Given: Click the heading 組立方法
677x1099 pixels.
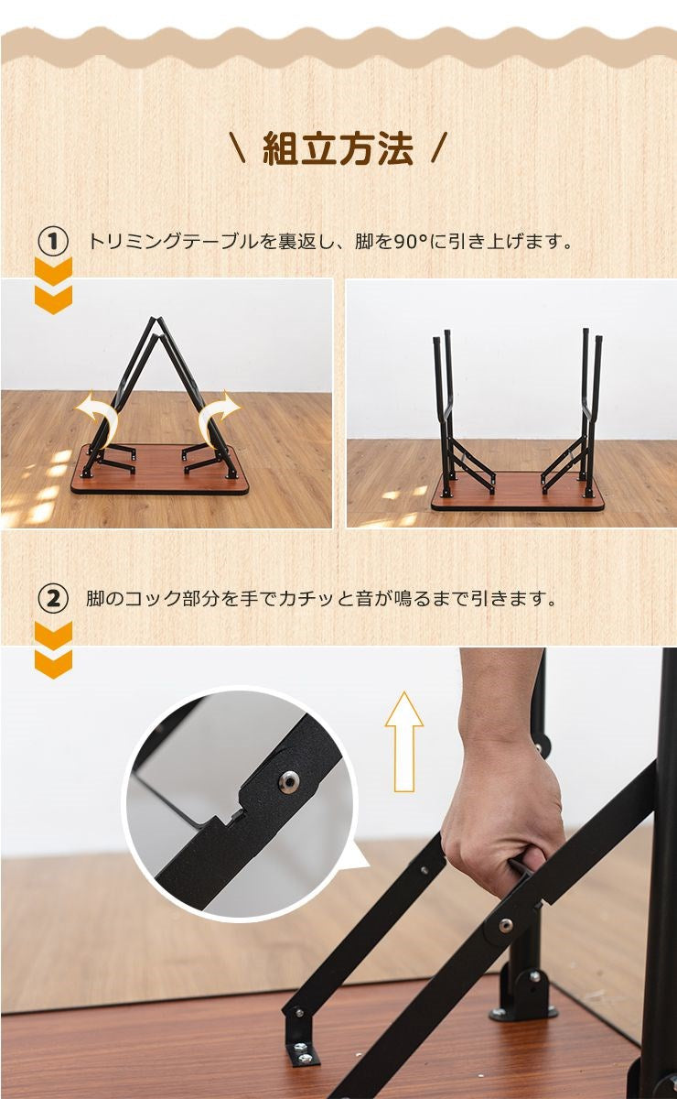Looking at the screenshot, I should tap(338, 148).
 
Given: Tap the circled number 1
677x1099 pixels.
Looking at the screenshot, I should tap(53, 242).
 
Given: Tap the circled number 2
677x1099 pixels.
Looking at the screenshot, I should tap(53, 599).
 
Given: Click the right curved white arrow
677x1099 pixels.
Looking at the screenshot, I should tap(218, 416).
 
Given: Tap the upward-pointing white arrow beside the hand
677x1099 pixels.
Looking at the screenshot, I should tap(403, 741).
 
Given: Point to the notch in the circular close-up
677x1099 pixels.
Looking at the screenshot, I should tap(235, 814).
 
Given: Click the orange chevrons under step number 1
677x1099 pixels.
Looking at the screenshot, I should tap(53, 286).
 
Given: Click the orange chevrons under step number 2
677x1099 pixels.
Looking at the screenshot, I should tap(53, 650).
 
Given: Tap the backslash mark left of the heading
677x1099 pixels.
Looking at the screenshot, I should tap(238, 148).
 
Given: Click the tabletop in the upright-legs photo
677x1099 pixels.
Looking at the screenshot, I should tap(518, 495).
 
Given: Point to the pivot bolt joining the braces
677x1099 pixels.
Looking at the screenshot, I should tap(505, 925).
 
